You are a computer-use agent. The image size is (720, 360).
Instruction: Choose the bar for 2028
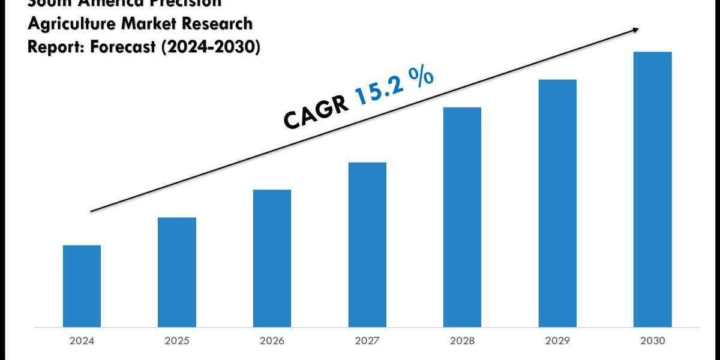click(462, 217)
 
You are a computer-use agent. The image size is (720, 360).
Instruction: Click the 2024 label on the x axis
click(82, 341)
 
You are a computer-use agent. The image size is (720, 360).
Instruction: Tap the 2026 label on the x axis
click(272, 341)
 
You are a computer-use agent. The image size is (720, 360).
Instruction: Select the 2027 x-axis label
click(367, 341)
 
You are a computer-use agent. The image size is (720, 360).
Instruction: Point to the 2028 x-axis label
click(462, 341)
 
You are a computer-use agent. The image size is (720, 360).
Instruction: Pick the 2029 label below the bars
click(557, 341)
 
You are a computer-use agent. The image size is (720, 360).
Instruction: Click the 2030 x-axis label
click(652, 341)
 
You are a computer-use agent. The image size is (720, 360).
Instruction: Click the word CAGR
click(316, 112)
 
